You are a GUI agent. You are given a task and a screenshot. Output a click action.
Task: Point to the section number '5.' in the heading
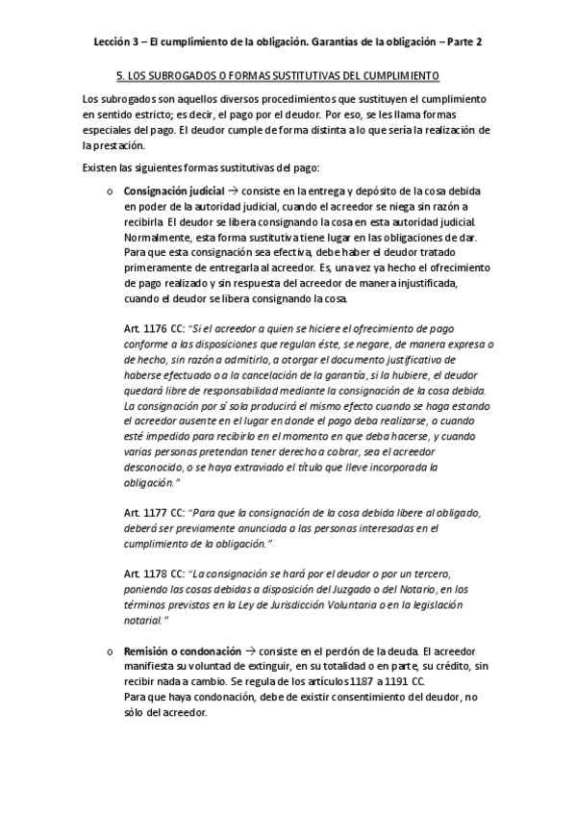point(117,74)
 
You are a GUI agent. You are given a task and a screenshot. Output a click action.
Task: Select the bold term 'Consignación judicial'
point(174,191)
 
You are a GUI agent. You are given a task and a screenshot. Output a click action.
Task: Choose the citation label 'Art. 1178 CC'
point(151,573)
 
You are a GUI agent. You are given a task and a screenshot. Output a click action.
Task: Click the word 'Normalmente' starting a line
point(158,237)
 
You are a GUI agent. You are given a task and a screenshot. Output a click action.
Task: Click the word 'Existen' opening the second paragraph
point(100,168)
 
